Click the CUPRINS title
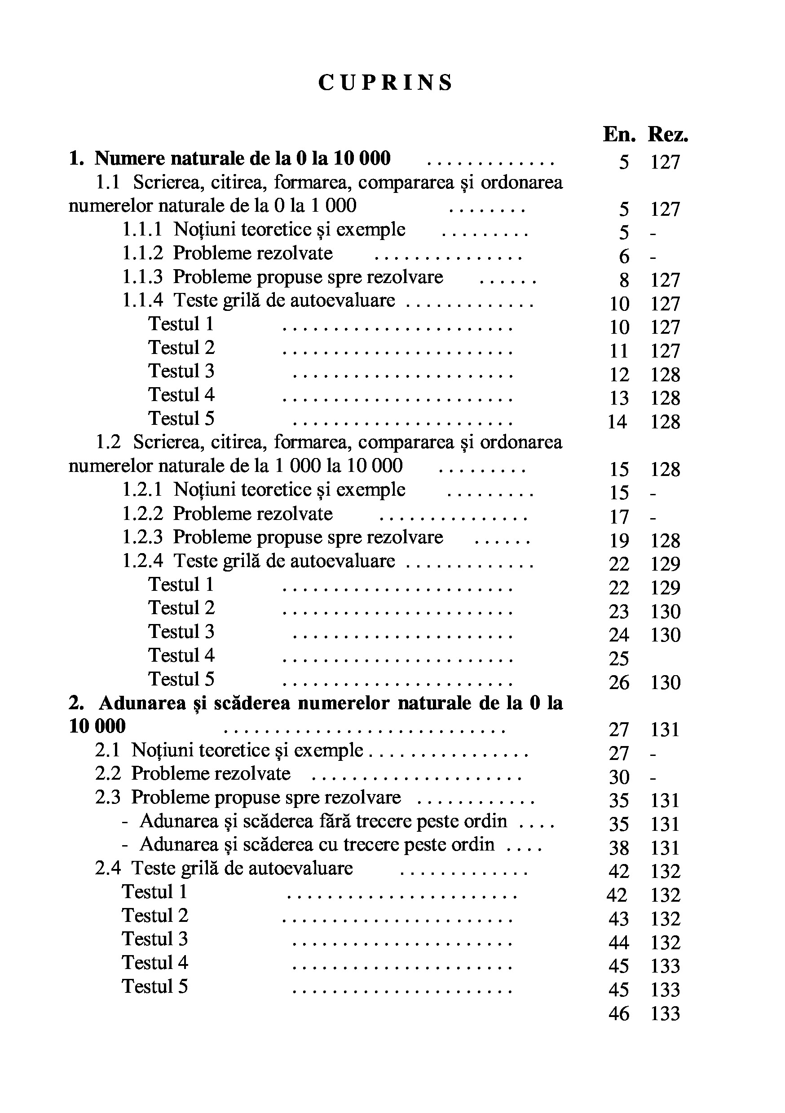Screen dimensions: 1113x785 (385, 83)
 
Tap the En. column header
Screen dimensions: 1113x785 (619, 134)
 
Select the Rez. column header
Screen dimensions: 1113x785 (668, 134)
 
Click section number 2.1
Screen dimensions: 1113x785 (107, 750)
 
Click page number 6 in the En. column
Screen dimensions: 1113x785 (624, 257)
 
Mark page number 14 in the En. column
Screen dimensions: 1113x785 (617, 422)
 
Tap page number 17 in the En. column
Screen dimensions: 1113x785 (619, 517)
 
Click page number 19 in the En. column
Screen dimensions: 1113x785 (619, 541)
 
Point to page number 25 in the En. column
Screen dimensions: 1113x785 (619, 659)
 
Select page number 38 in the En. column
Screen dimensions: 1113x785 (619, 848)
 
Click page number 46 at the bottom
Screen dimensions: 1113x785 (619, 1013)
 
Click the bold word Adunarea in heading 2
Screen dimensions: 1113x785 (143, 703)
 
